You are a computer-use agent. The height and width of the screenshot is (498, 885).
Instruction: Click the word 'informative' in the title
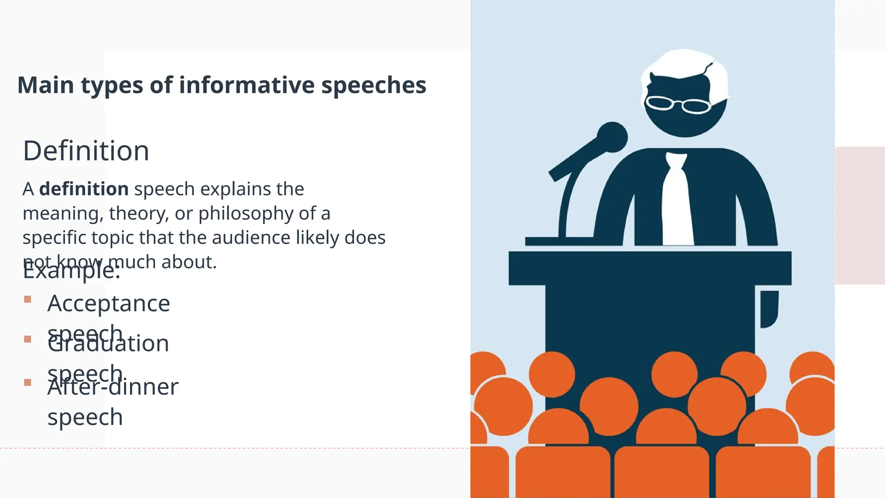247,85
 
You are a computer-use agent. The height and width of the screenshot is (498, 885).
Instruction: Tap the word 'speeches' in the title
373,85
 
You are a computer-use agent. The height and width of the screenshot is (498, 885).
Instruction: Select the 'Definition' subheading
86,151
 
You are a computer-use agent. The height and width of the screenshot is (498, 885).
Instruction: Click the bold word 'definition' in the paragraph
84,189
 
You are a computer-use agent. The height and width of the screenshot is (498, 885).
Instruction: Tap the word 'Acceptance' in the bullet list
108,303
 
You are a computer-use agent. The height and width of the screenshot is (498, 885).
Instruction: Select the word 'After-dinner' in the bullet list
113,387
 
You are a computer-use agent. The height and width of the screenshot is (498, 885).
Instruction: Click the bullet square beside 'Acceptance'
28,299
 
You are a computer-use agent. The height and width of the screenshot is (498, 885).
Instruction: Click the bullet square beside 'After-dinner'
28,382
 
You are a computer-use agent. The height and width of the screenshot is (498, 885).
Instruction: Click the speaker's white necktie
676,203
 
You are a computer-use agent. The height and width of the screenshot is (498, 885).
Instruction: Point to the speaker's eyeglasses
677,104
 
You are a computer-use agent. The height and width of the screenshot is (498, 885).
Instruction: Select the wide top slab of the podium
649,268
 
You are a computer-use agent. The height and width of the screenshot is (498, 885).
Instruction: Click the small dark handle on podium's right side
769,308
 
